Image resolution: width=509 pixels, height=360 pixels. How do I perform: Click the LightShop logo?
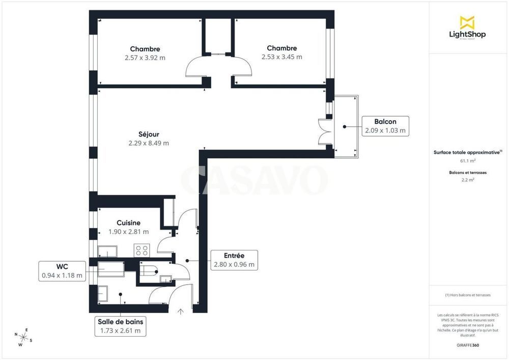pos(467,27)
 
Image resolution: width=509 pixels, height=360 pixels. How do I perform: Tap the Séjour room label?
pos(149,134)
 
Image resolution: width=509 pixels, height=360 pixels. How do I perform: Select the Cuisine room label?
pos(129,223)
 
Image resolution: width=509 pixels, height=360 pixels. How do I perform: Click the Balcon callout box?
pos(385,126)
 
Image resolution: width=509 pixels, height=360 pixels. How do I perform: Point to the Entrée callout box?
pos(234,260)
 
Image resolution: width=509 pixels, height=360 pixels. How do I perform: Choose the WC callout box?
pos(62,271)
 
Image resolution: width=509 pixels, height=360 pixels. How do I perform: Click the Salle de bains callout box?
pos(121,326)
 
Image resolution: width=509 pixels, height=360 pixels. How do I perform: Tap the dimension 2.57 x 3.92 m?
pos(145,58)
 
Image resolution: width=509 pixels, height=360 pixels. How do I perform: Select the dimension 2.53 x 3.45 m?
pos(282,57)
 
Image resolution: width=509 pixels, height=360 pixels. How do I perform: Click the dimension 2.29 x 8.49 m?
pos(149,143)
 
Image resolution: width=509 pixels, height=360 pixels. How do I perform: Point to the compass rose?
pos(23,337)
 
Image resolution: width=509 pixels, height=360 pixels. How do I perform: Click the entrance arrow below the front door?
pos(181,312)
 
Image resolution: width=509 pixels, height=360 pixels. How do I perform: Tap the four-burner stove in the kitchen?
pos(142,251)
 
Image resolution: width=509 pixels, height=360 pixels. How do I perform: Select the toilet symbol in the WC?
pos(149,270)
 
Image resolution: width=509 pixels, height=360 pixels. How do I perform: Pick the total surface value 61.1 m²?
pos(468,161)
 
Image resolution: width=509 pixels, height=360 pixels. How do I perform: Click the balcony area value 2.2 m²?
pos(468,180)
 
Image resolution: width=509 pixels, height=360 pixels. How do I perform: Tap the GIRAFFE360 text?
pos(468,345)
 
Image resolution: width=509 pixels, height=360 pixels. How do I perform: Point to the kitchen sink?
pos(107,252)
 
